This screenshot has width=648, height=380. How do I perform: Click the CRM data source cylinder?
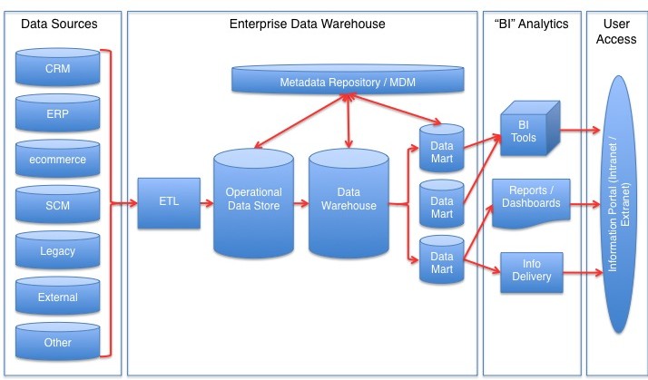(57, 67)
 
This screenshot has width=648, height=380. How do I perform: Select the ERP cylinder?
(57, 112)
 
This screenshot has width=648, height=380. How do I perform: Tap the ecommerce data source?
(57, 159)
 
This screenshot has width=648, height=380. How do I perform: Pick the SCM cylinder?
(57, 204)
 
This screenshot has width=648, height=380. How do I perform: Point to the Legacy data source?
(57, 250)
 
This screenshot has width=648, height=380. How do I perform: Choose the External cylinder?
(57, 297)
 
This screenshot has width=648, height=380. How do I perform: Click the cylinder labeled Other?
(57, 342)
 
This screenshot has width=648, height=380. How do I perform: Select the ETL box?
(169, 203)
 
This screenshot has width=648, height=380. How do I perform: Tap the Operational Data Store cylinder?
(254, 203)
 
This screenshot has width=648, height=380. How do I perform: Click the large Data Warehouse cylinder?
(349, 203)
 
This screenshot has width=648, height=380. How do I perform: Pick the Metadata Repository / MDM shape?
(348, 79)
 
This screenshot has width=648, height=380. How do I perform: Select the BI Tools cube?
(530, 129)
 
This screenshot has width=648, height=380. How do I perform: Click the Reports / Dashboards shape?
(531, 203)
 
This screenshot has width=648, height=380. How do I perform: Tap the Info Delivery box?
(532, 273)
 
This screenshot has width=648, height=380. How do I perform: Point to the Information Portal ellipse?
(619, 204)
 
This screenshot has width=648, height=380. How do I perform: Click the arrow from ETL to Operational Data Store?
(207, 203)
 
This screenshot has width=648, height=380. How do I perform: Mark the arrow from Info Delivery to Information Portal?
(583, 273)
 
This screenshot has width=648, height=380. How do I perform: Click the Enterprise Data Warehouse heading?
(307, 24)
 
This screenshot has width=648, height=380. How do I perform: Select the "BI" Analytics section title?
(531, 24)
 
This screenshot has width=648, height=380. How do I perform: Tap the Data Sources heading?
(59, 24)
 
